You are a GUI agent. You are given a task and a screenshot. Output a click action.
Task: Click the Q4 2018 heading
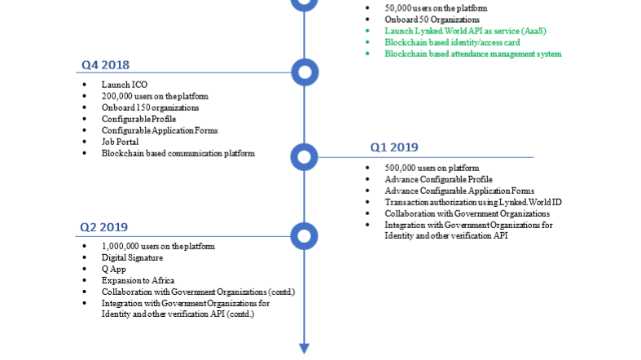tap(105, 65)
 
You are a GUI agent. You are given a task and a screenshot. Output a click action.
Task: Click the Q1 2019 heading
tap(394, 147)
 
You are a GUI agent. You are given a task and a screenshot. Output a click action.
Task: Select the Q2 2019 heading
tap(103, 227)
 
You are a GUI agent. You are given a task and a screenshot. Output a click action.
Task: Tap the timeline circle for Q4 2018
tap(305, 72)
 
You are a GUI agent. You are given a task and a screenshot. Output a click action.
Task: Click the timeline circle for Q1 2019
tap(304, 157)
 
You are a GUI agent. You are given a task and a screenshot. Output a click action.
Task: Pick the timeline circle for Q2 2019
tap(304, 236)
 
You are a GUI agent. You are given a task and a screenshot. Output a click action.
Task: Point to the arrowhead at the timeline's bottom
tap(304, 349)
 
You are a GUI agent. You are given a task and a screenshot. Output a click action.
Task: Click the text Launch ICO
tap(125, 85)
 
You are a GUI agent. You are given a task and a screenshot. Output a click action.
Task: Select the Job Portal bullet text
tap(120, 142)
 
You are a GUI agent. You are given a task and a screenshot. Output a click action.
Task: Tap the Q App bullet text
tap(114, 270)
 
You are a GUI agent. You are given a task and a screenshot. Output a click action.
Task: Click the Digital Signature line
tap(132, 258)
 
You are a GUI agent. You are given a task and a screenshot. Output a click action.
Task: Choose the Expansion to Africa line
tap(138, 281)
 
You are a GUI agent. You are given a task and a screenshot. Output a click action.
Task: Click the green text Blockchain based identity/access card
tap(452, 42)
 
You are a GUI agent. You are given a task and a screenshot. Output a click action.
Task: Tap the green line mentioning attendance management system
tap(473, 54)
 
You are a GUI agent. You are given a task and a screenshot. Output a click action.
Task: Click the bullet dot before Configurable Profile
tap(85, 119)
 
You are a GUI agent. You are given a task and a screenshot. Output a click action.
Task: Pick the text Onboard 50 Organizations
tap(432, 20)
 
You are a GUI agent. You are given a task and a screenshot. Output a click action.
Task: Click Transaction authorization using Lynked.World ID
tap(473, 202)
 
